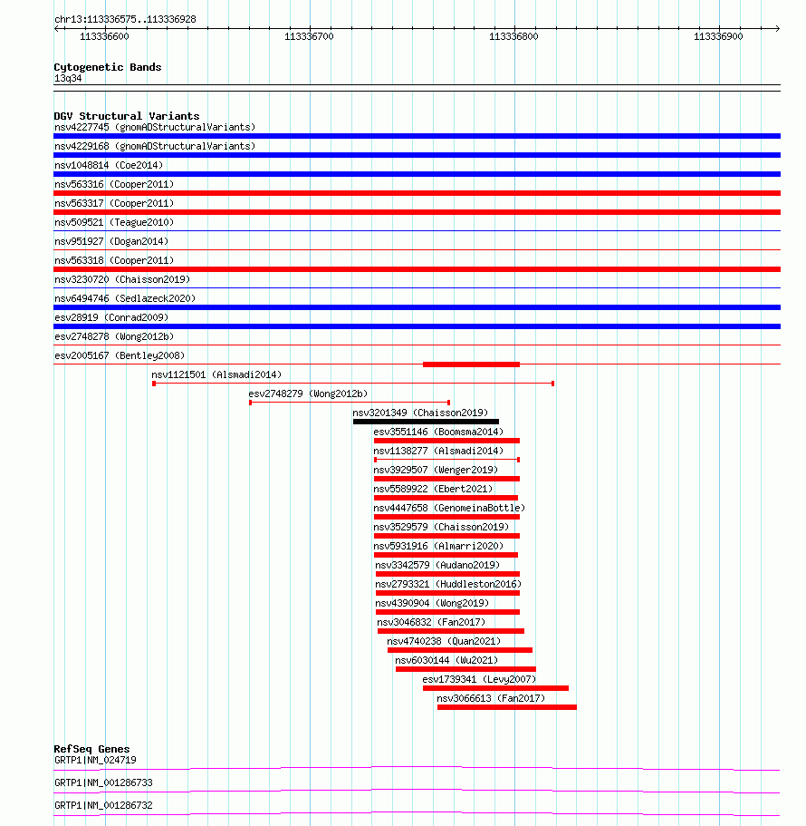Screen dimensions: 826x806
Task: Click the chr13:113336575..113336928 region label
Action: [125, 19]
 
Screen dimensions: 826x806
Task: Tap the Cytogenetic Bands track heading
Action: [107, 67]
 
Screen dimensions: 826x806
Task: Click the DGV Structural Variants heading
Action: [126, 116]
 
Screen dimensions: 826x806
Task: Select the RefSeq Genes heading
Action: [91, 749]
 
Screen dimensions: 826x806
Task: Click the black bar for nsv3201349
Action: [426, 422]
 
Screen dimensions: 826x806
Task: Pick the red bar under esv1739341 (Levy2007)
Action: [495, 688]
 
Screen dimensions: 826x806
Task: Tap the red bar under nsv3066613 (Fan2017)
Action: [506, 707]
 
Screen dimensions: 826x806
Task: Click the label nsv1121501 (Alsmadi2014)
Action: [216, 374]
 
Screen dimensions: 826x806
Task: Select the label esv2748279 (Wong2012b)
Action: [308, 394]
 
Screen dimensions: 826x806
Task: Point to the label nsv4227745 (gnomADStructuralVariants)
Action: [154, 127]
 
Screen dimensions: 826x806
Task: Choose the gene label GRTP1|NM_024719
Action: [95, 760]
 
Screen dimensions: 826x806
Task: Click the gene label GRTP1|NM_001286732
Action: [103, 805]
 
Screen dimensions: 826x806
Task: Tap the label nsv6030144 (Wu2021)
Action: [446, 660]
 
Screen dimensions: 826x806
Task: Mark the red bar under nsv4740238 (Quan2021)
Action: [459, 650]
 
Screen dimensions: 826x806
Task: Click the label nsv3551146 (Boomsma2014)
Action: [438, 432]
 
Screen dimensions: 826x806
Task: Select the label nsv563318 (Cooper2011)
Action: [113, 260]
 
